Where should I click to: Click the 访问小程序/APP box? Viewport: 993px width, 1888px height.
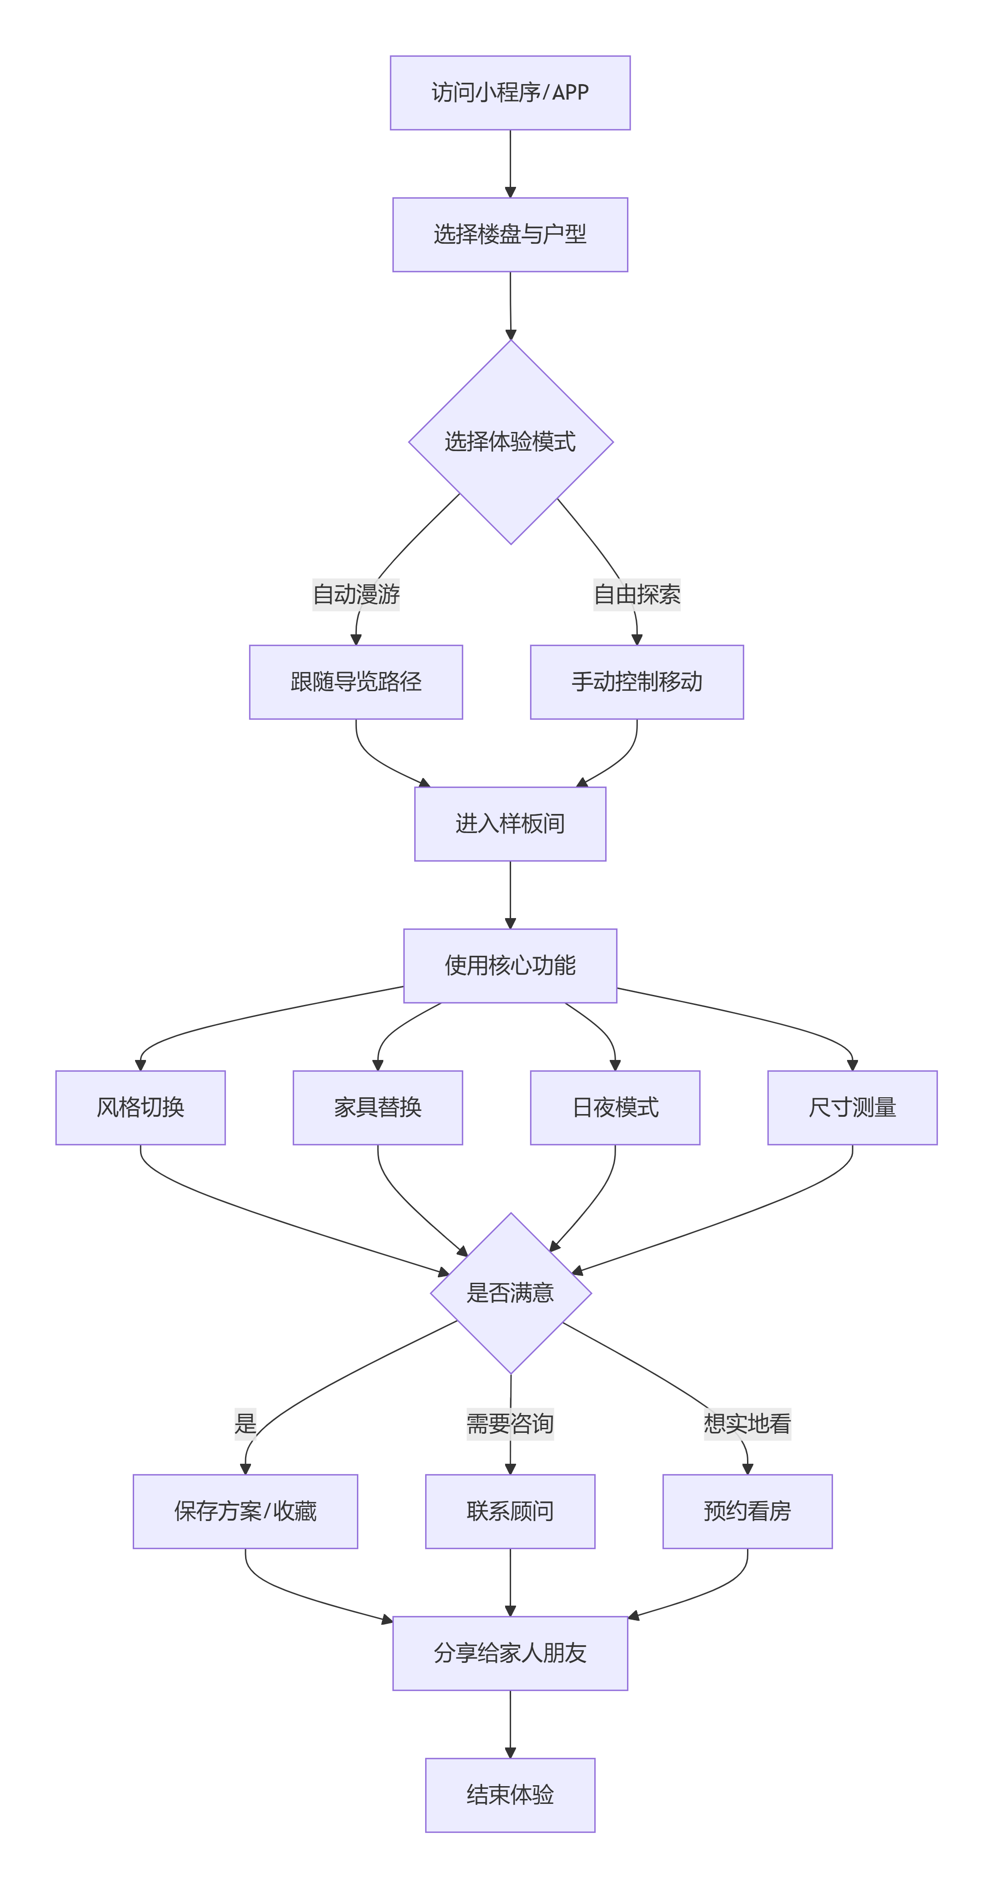click(510, 93)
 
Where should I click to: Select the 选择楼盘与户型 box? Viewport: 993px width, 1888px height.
click(510, 235)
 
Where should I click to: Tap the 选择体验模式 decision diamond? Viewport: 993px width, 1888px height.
click(510, 442)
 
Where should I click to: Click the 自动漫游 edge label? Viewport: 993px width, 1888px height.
click(356, 594)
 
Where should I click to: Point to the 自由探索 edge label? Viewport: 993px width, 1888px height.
click(637, 594)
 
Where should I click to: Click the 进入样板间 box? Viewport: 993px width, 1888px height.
click(510, 824)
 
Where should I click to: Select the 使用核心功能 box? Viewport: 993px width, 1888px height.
click(510, 966)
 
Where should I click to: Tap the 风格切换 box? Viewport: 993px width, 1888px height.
click(140, 1107)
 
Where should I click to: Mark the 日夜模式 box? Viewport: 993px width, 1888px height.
click(615, 1107)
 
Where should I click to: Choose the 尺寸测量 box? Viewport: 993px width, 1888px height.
click(853, 1107)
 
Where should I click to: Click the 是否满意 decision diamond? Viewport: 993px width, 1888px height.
click(510, 1293)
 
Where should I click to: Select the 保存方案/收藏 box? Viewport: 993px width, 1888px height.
click(246, 1511)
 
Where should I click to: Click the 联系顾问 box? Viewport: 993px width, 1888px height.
click(510, 1511)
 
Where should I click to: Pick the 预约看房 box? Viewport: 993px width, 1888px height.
click(747, 1511)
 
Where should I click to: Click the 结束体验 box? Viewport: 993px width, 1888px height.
click(510, 1795)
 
